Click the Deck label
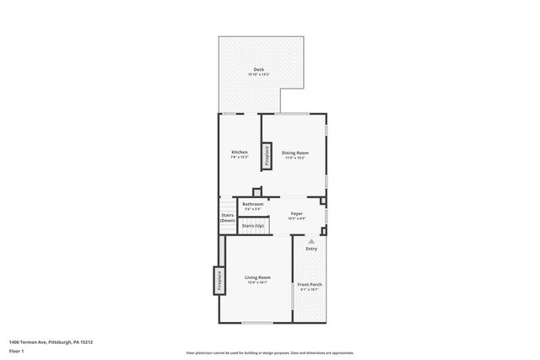pyautogui.click(x=258, y=69)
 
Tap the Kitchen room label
pyautogui.click(x=240, y=152)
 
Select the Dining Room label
pyautogui.click(x=295, y=153)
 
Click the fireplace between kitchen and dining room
pyautogui.click(x=266, y=155)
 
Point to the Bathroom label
pyautogui.click(x=253, y=204)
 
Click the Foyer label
pyautogui.click(x=297, y=214)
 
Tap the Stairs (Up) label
pyautogui.click(x=253, y=226)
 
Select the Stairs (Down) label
pyautogui.click(x=228, y=218)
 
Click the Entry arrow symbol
pyautogui.click(x=311, y=240)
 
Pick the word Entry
pyautogui.click(x=311, y=248)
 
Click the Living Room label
pyautogui.click(x=257, y=277)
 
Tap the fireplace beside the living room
pyautogui.click(x=219, y=279)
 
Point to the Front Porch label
pyautogui.click(x=310, y=284)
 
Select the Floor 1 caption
pyautogui.click(x=16, y=350)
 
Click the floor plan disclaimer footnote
pyautogui.click(x=270, y=353)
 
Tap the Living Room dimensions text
pyautogui.click(x=257, y=282)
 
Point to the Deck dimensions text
pyautogui.click(x=258, y=75)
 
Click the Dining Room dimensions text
pyautogui.click(x=295, y=158)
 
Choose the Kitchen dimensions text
pyautogui.click(x=240, y=157)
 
